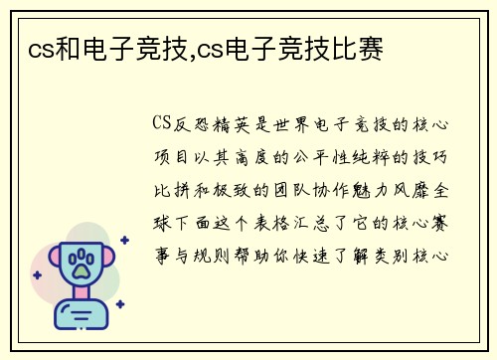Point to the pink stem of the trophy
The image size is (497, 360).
point(79,292)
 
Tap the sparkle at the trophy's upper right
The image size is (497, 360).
point(123,240)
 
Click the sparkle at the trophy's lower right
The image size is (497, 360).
point(119,304)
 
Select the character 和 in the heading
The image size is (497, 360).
point(70,46)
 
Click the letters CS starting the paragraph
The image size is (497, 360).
point(162,124)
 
